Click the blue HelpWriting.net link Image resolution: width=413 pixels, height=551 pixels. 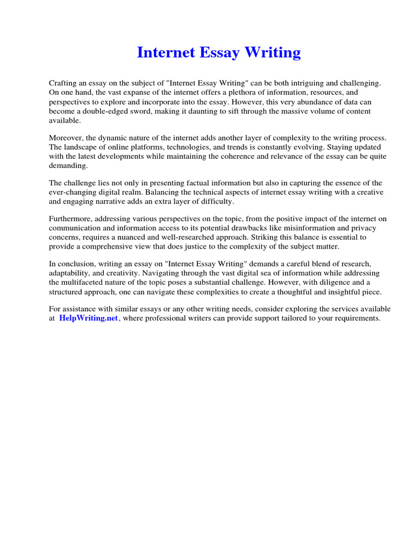point(89,318)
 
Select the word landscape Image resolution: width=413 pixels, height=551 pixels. point(82,147)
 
